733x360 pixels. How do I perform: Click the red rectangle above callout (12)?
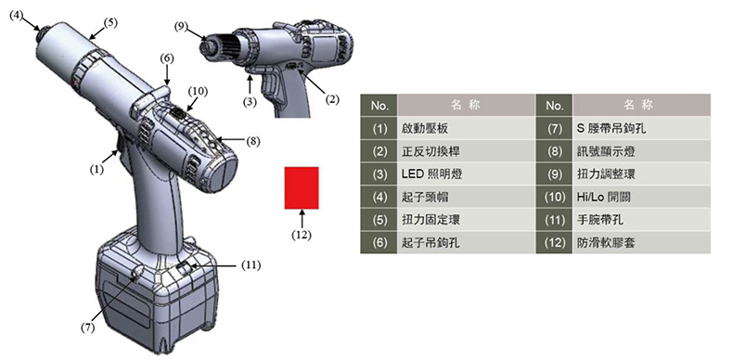pos(302,187)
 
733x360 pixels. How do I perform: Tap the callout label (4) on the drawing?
pos(17,16)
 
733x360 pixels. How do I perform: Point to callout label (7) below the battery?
pos(88,328)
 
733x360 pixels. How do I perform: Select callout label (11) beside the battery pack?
pos(251,265)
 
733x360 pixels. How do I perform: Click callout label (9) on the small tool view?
pos(181,26)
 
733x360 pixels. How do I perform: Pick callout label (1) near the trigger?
pos(96,170)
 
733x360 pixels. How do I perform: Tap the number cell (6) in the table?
pos(379,243)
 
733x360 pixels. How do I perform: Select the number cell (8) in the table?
pos(555,151)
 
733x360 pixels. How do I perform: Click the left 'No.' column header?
pos(379,105)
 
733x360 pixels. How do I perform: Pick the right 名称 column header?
pos(642,105)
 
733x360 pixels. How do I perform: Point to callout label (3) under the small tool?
pos(251,101)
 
